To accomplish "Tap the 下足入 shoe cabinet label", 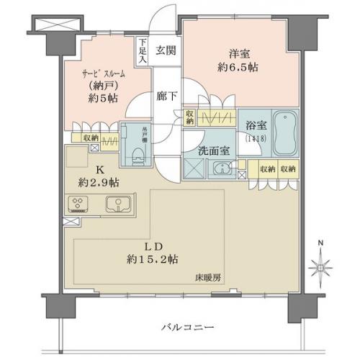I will [144, 51].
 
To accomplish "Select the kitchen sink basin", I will [115, 204].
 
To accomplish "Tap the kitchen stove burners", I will [76, 203].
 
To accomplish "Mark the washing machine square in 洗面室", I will [193, 170].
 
